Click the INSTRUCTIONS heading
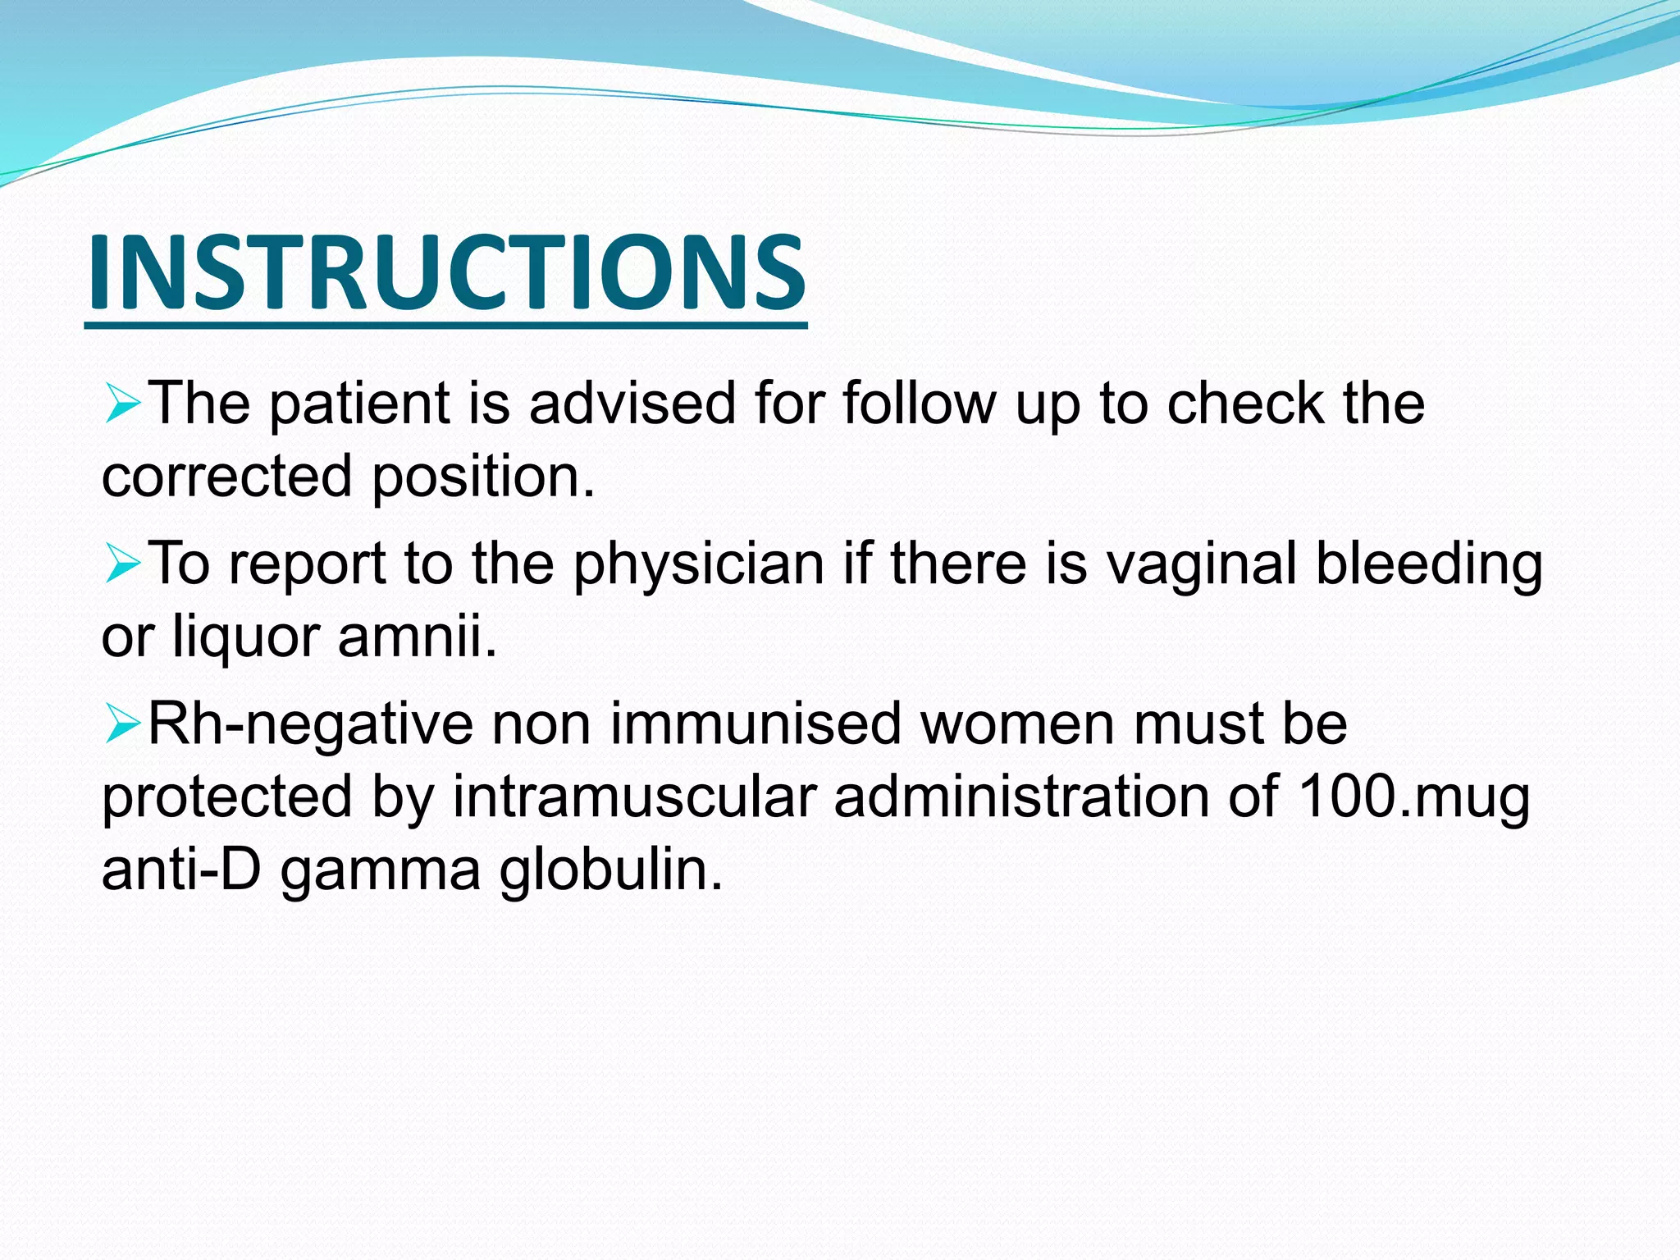tap(446, 273)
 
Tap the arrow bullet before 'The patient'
tap(123, 404)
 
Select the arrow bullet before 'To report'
tap(123, 565)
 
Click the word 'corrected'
tap(226, 477)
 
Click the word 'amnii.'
tap(418, 637)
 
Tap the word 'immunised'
tap(756, 724)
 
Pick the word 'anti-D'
tap(181, 870)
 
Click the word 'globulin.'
tap(612, 870)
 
